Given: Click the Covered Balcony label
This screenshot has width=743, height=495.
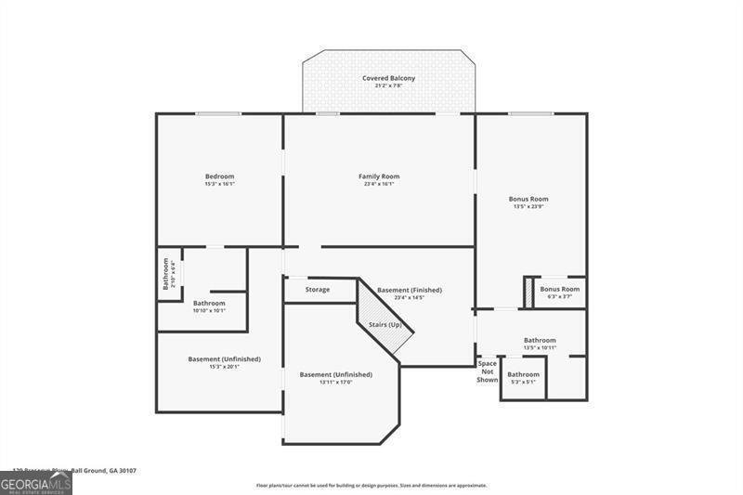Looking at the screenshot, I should [x=388, y=79].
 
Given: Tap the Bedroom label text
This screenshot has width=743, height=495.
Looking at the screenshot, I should [x=219, y=176].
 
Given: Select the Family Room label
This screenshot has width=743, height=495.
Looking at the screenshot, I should [x=379, y=176].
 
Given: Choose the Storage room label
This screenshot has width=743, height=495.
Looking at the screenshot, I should [x=318, y=290].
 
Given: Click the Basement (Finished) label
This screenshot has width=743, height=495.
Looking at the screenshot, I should [x=410, y=290].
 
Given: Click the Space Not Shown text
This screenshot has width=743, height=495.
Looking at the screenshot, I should [x=488, y=371].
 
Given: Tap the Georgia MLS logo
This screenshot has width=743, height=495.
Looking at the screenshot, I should [x=36, y=483].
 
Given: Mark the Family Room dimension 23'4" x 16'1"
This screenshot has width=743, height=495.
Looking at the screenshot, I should [x=379, y=184].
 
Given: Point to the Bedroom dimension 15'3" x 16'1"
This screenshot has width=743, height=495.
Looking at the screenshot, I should [x=219, y=184].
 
